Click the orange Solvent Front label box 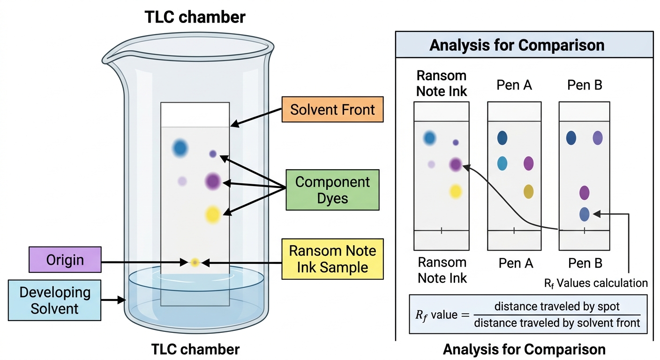tap(333, 109)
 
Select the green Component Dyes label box tap(333, 190)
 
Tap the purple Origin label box tap(65, 260)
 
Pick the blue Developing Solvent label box tap(54, 300)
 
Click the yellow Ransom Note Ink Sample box tap(333, 259)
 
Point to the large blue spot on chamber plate tap(180, 148)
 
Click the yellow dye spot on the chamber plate tap(213, 215)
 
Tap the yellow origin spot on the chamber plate tap(195, 262)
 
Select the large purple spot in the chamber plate tap(213, 181)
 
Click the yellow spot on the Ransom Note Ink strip tap(456, 192)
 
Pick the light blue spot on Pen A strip tap(502, 164)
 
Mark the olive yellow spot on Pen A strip tap(528, 192)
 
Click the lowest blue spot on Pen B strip tap(584, 214)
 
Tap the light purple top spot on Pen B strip tap(598, 138)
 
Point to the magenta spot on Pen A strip tap(528, 164)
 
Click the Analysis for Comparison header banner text tap(517, 45)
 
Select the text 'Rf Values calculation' tap(596, 284)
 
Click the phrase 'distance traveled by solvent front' tap(557, 323)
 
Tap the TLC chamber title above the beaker tap(195, 17)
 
